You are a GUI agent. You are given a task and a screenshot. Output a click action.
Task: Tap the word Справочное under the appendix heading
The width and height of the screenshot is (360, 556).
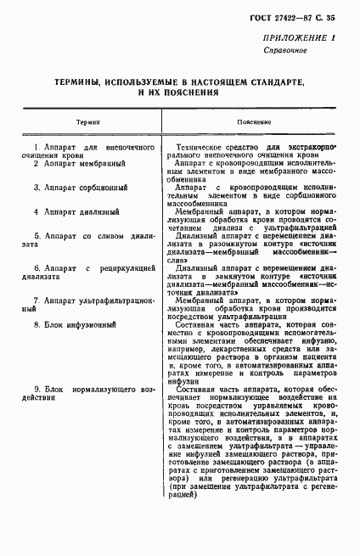click(x=291, y=52)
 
